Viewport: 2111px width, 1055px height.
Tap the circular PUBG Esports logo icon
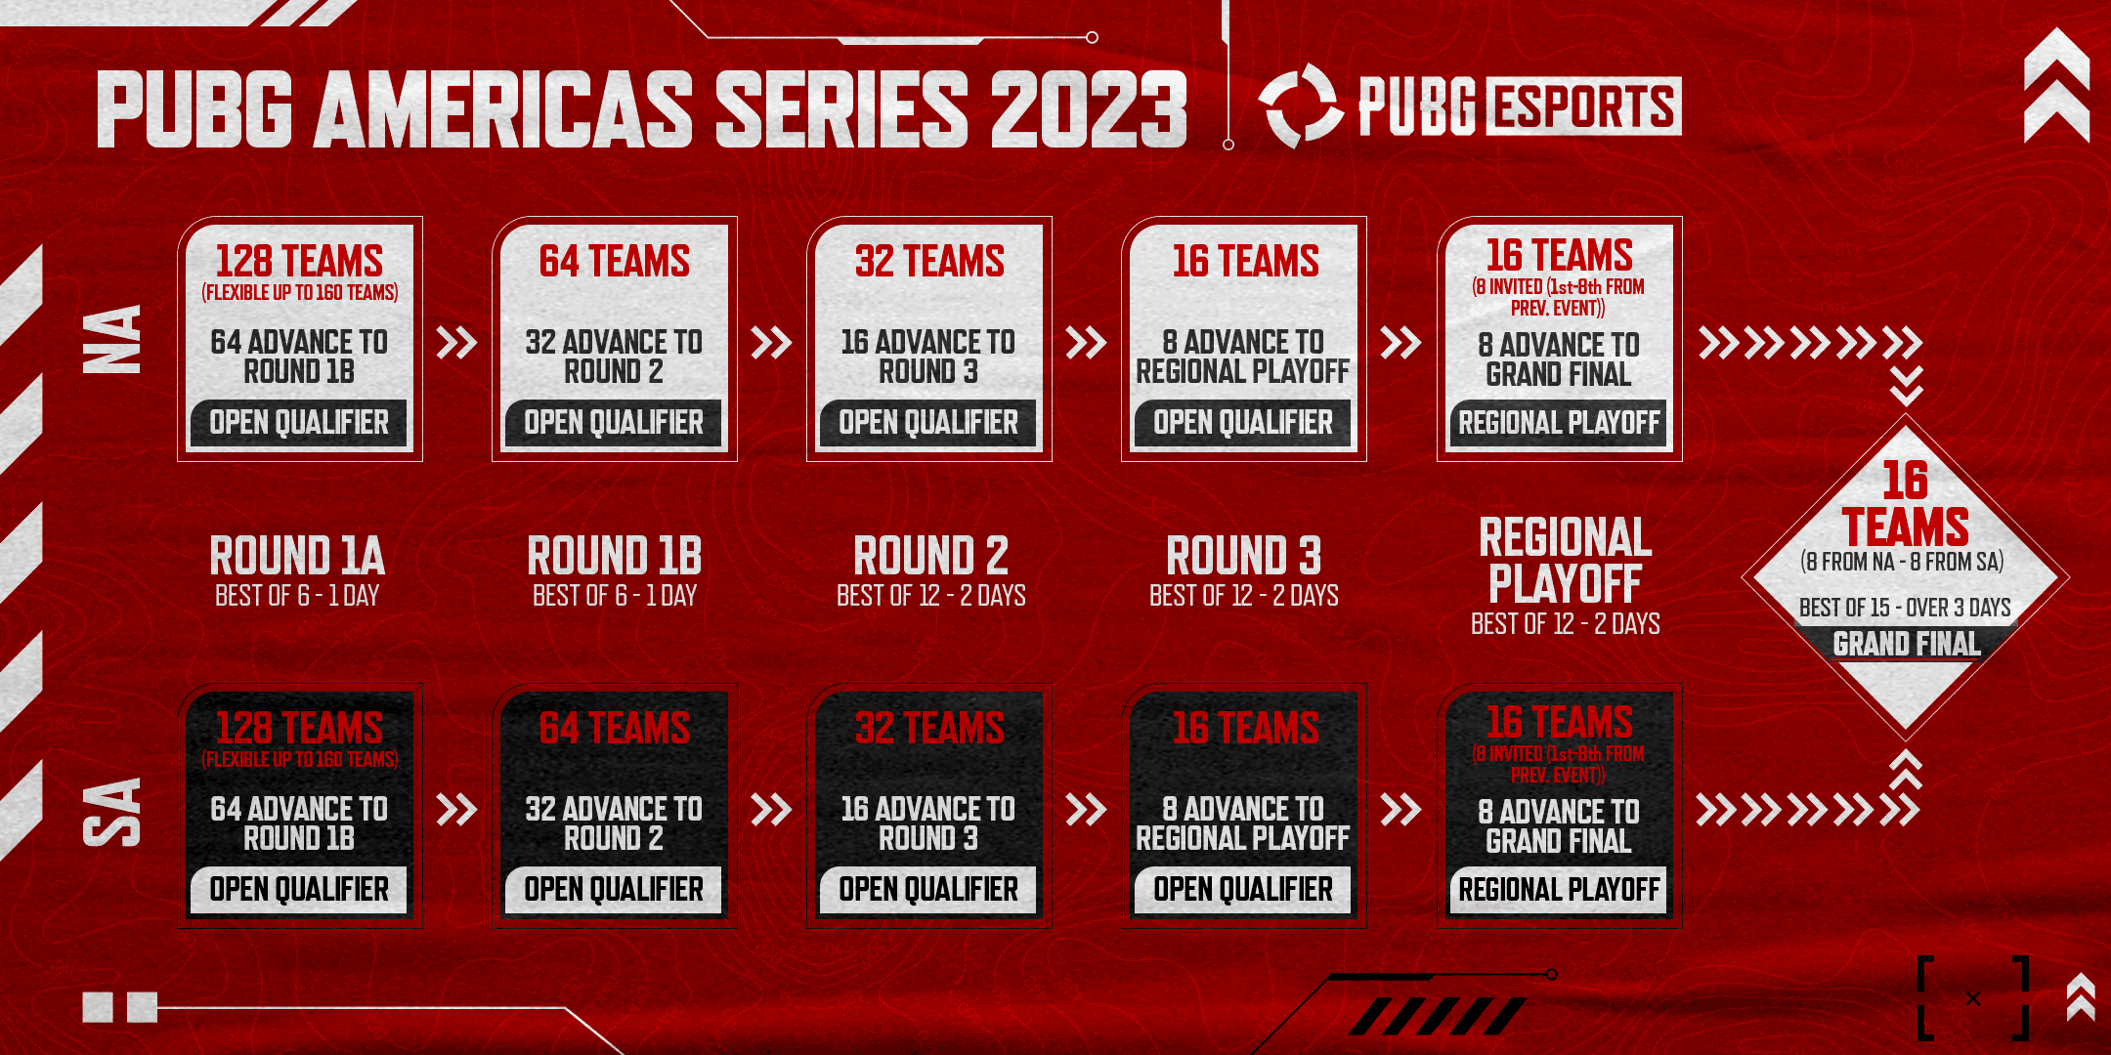pyautogui.click(x=1300, y=105)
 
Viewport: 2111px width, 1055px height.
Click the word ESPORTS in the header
pyautogui.click(x=1583, y=106)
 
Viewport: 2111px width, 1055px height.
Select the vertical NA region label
pyautogui.click(x=113, y=339)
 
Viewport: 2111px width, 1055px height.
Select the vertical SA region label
pyautogui.click(x=113, y=811)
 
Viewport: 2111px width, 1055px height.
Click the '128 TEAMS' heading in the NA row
pyautogui.click(x=299, y=261)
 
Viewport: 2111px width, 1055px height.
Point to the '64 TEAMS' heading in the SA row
pyautogui.click(x=614, y=729)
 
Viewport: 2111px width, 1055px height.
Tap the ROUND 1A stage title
pyautogui.click(x=297, y=556)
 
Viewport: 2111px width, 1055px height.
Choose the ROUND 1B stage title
pyautogui.click(x=614, y=556)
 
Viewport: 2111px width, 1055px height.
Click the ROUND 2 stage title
pyautogui.click(x=930, y=556)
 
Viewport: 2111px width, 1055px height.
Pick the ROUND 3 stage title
pyautogui.click(x=1243, y=556)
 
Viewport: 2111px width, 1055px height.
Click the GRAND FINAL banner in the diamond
pyautogui.click(x=1906, y=644)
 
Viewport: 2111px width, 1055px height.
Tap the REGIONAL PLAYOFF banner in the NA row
pyautogui.click(x=1559, y=423)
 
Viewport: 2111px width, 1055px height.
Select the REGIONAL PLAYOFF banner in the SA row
pyautogui.click(x=1559, y=890)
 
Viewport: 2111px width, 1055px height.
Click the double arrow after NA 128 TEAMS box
pyautogui.click(x=456, y=343)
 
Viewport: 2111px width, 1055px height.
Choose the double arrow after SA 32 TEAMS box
pyautogui.click(x=1086, y=810)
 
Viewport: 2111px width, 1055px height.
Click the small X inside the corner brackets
pyautogui.click(x=1973, y=998)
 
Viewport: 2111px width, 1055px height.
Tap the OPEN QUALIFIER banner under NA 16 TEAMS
pyautogui.click(x=1242, y=423)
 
